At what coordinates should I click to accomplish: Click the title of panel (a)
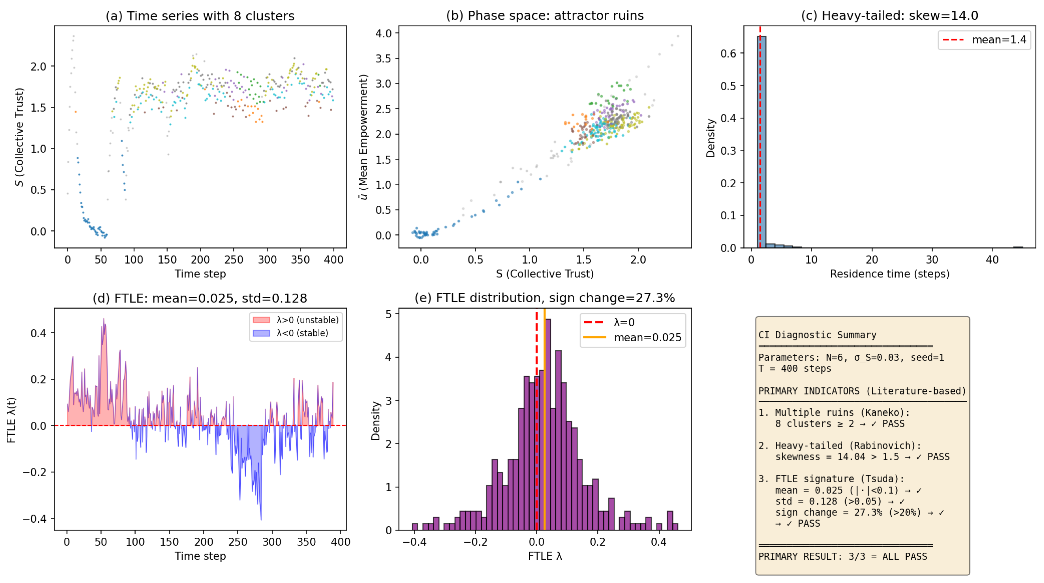(200, 16)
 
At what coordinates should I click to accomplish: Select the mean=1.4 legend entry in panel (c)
(985, 40)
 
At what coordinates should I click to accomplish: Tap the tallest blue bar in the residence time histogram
(761, 142)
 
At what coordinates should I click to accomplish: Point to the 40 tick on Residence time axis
(992, 260)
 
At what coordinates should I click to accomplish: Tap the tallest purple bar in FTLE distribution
(548, 422)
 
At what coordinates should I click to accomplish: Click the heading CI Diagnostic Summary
(817, 335)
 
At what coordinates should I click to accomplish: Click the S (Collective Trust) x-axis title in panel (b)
(545, 274)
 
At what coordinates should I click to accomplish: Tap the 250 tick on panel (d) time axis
(238, 542)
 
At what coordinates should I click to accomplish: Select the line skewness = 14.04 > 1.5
(862, 457)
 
